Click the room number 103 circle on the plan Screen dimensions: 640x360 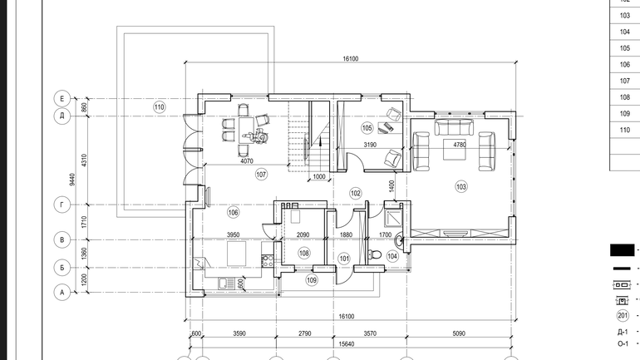461,187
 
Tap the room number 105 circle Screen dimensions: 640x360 367,128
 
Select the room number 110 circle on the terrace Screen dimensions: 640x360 160,107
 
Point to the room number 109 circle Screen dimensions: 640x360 312,280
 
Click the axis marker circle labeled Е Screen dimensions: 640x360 62,98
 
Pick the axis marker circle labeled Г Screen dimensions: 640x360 62,205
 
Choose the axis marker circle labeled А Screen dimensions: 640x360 62,293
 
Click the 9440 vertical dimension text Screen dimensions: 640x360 72,180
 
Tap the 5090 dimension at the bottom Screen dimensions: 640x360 459,333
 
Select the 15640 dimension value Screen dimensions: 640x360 346,344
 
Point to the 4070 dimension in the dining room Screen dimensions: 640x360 247,161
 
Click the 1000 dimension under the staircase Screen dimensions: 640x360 319,177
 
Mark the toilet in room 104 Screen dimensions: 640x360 374,255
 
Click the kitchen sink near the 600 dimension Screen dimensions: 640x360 227,284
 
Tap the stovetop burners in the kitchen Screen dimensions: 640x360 268,261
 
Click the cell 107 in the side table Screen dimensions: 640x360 624,81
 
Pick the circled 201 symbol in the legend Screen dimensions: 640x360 623,315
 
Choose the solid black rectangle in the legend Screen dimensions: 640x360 622,250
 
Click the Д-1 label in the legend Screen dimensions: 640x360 623,333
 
